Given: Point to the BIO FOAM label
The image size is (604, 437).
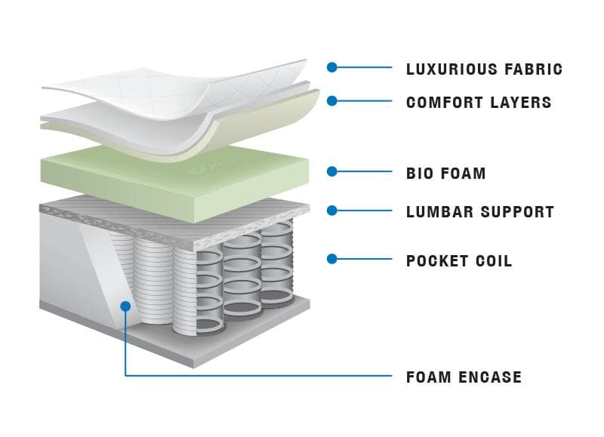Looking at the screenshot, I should coord(445,174).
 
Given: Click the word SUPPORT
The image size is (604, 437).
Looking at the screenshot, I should coord(517,212).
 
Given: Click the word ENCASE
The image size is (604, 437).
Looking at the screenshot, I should coord(491,377).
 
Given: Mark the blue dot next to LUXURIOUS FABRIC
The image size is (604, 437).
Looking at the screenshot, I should coord(331,67).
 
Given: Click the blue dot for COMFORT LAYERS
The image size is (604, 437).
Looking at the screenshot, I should coord(331,100).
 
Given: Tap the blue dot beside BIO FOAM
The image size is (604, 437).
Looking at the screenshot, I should coord(331,171).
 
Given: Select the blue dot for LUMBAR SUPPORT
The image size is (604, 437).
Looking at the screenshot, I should coord(331,210).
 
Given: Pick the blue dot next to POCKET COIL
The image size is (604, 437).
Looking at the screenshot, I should coord(331,259).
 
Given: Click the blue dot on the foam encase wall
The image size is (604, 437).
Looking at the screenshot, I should coord(126,306).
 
